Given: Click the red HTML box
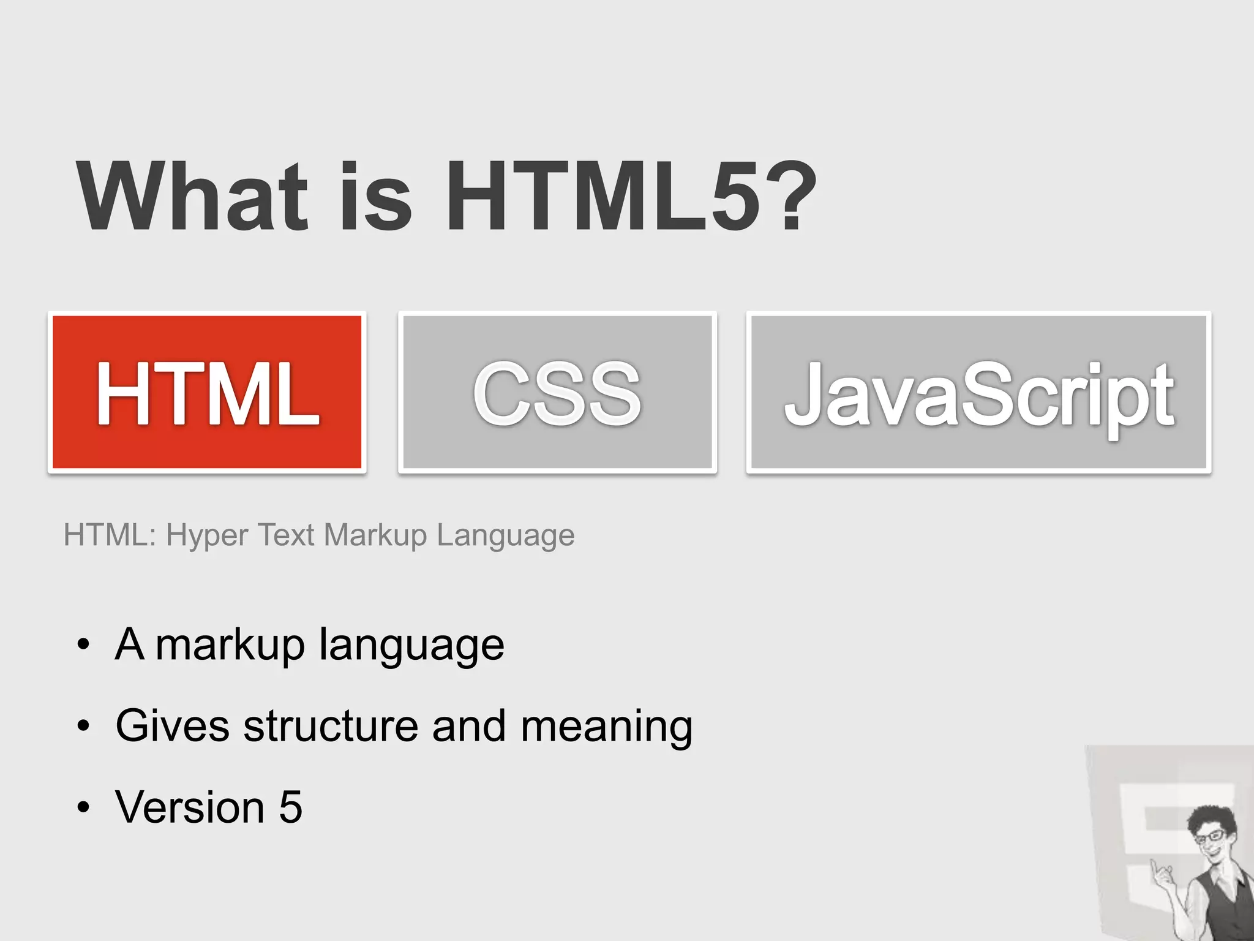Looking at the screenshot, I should [207, 392].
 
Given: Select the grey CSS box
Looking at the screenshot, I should [557, 392].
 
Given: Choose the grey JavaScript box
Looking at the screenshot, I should [978, 392].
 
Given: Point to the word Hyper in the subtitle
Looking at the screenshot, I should [207, 535].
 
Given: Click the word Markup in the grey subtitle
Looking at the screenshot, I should [375, 535].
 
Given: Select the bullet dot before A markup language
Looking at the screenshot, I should [83, 645].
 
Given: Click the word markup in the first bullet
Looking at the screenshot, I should [230, 646].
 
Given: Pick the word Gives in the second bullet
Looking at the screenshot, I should [173, 726].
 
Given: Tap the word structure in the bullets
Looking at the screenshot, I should [331, 726].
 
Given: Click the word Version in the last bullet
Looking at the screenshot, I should [190, 807].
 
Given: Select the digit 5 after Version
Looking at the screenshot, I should [291, 807].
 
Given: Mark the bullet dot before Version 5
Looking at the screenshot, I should [83, 808].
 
